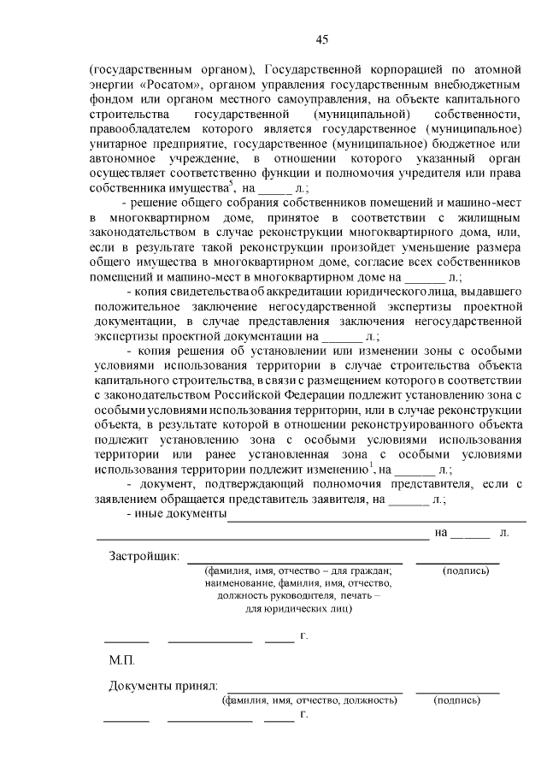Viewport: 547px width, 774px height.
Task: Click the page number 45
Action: [x=321, y=38]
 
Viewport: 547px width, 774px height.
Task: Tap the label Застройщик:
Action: [x=144, y=556]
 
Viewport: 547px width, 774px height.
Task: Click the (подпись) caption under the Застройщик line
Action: [x=466, y=570]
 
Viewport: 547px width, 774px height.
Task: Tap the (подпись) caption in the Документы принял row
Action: [x=457, y=700]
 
